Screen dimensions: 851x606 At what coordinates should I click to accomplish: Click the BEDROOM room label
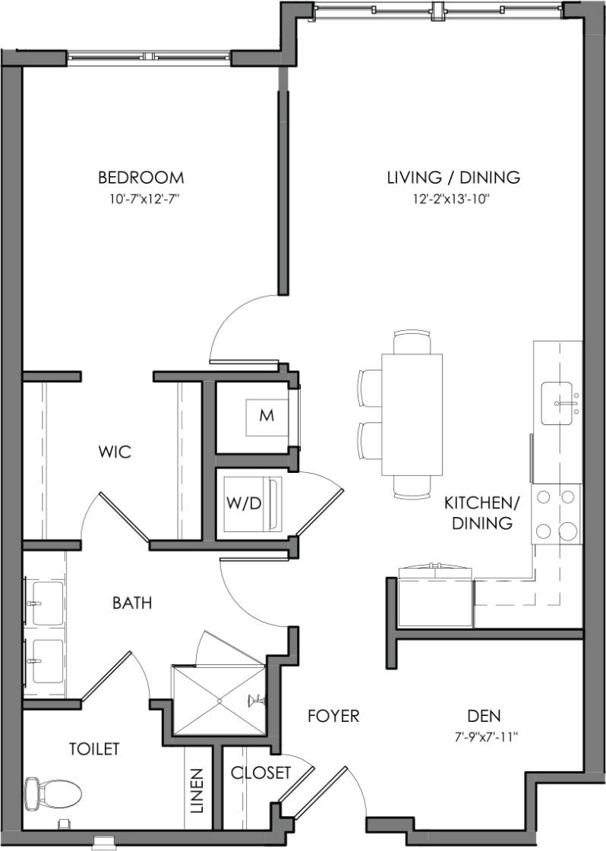(x=140, y=178)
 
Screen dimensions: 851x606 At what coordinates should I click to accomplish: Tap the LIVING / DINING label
(x=453, y=178)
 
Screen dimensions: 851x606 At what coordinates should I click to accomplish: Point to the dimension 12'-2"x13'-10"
(x=453, y=200)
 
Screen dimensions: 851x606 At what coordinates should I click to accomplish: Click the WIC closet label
(x=115, y=452)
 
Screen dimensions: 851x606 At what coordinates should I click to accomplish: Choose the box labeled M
(x=266, y=415)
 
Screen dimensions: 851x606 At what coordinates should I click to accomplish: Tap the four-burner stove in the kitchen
(x=556, y=514)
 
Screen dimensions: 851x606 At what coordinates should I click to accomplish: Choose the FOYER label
(x=333, y=716)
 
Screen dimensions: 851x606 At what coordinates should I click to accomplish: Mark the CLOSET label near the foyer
(x=260, y=773)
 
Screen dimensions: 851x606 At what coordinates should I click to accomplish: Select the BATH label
(x=132, y=604)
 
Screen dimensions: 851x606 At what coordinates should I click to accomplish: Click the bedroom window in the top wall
(x=149, y=56)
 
